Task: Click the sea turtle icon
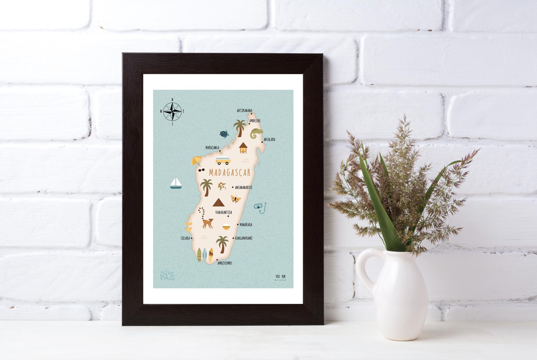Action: coord(223,134)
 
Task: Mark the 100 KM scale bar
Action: coord(280,278)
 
